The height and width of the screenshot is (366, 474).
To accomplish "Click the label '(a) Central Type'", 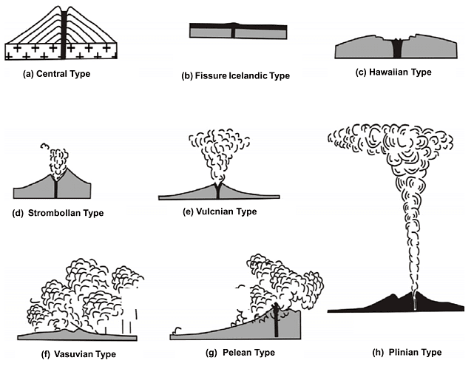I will [56, 74].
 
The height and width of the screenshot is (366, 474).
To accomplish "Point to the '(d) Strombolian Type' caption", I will [59, 213].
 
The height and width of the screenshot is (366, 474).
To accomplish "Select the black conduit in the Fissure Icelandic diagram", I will [234, 33].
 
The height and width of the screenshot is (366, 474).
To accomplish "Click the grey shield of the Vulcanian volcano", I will [185, 194].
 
